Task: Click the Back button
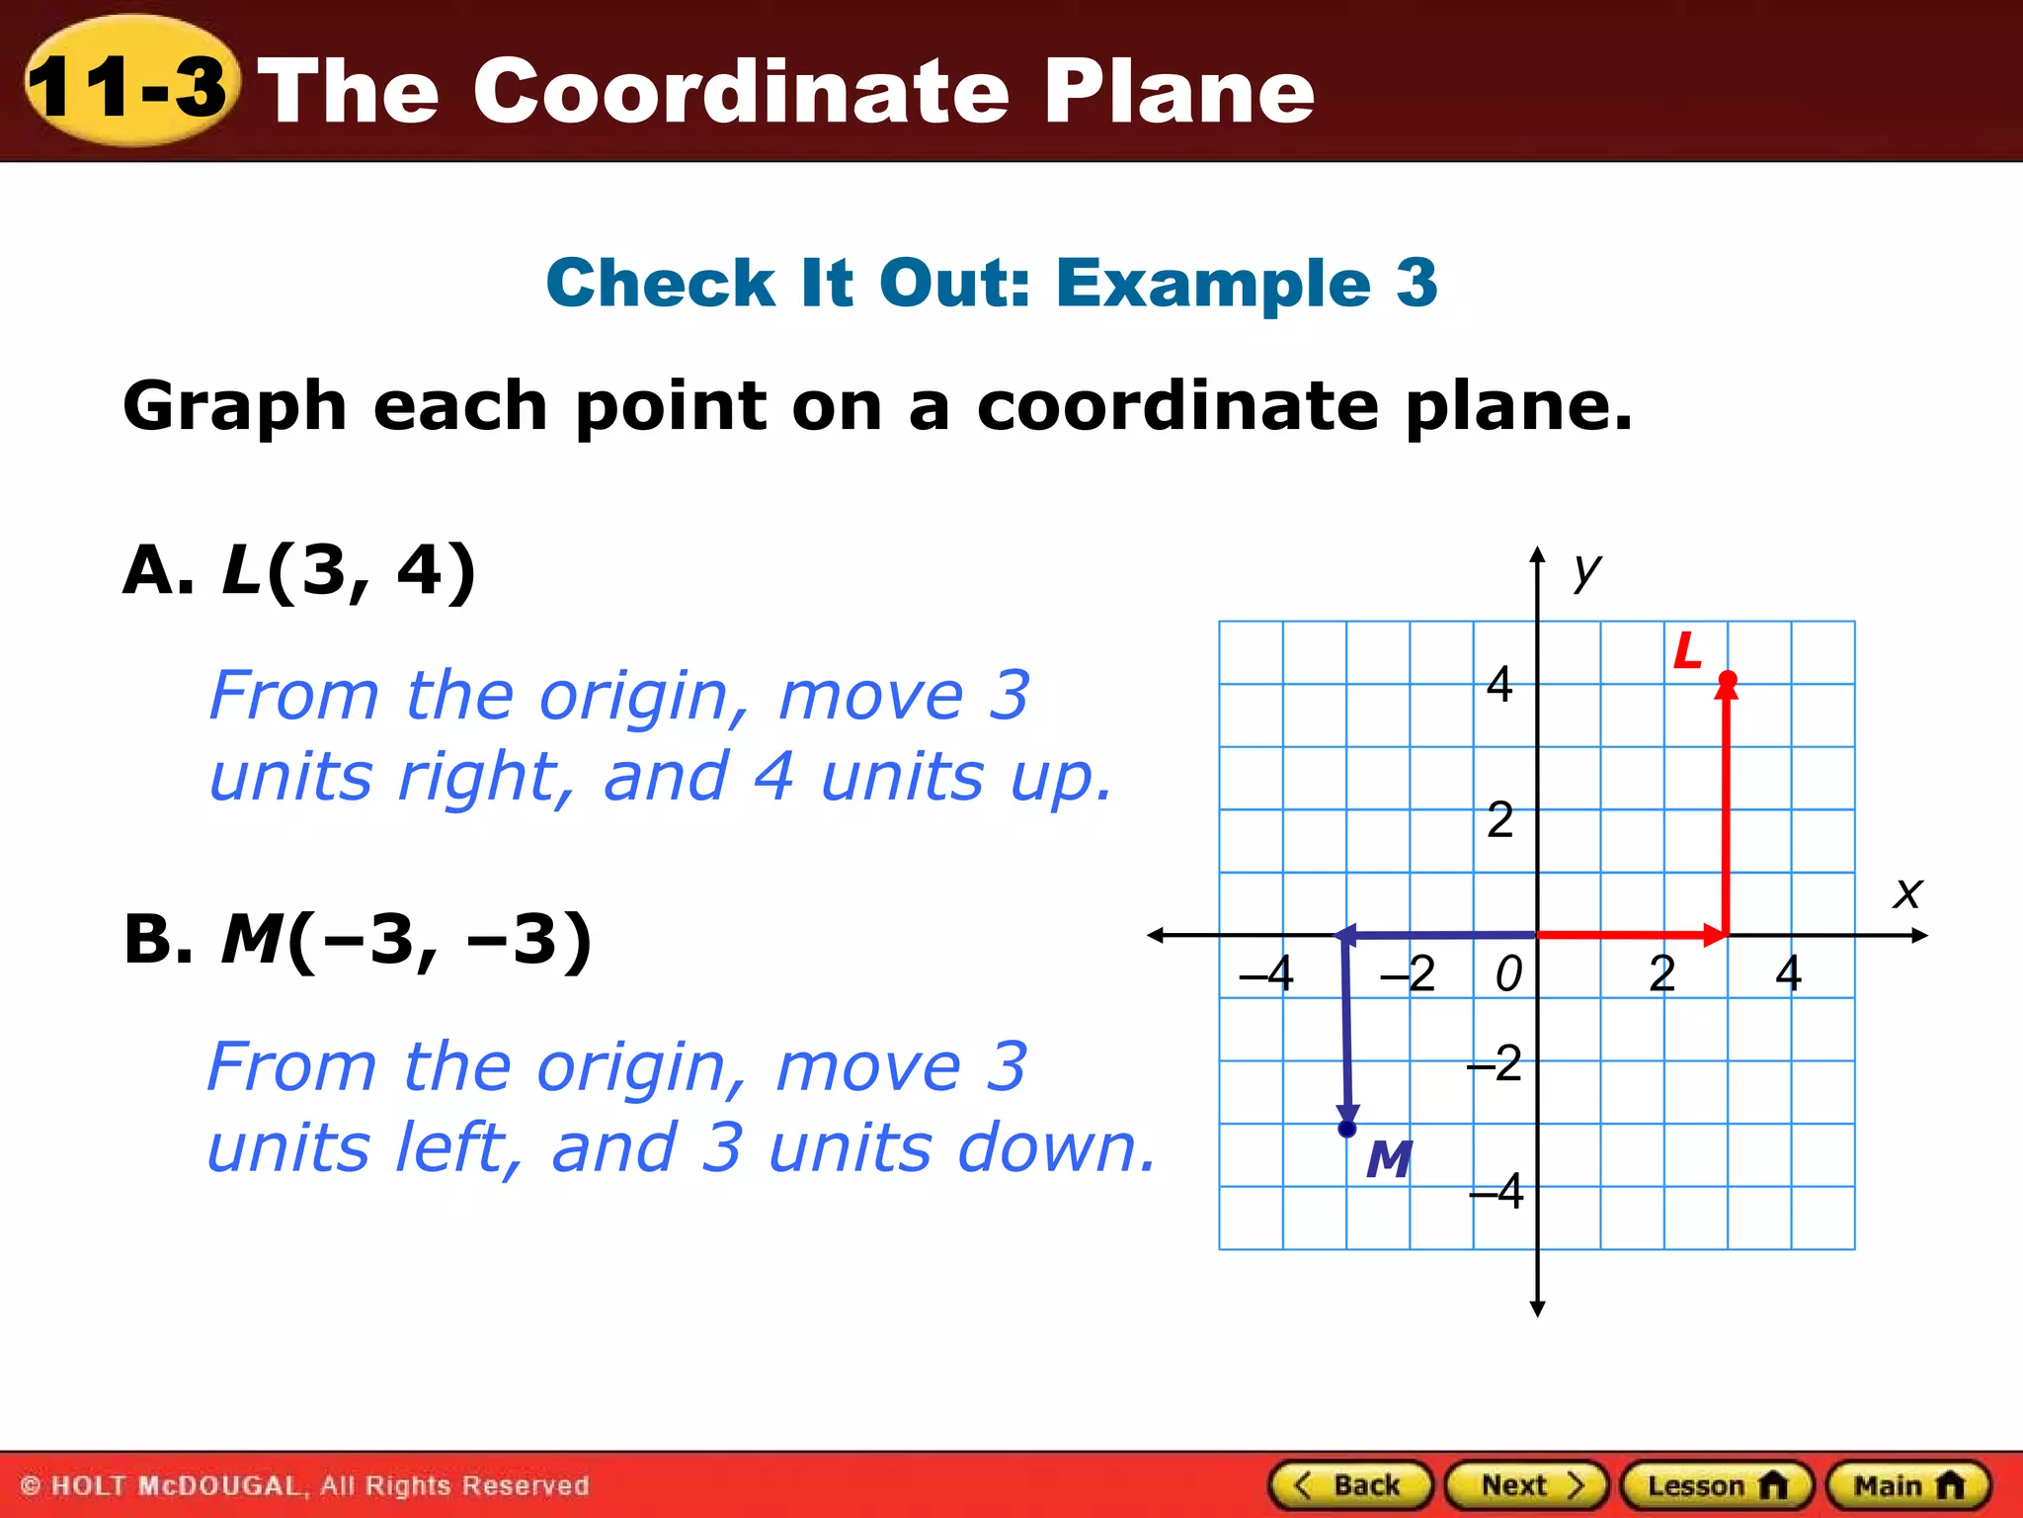[x=1350, y=1485]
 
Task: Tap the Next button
[x=1527, y=1485]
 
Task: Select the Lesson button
[x=1717, y=1485]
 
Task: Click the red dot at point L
[x=1728, y=679]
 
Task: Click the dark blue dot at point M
[x=1347, y=1129]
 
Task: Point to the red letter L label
[x=1688, y=651]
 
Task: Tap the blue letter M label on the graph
[x=1389, y=1159]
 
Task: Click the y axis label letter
[x=1587, y=571]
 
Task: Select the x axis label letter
[x=1907, y=893]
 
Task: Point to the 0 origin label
[x=1508, y=974]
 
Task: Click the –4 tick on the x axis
[x=1267, y=973]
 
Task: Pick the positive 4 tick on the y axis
[x=1499, y=684]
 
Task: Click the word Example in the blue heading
[x=1214, y=283]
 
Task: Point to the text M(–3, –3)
[x=406, y=939]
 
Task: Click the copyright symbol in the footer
[x=31, y=1486]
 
